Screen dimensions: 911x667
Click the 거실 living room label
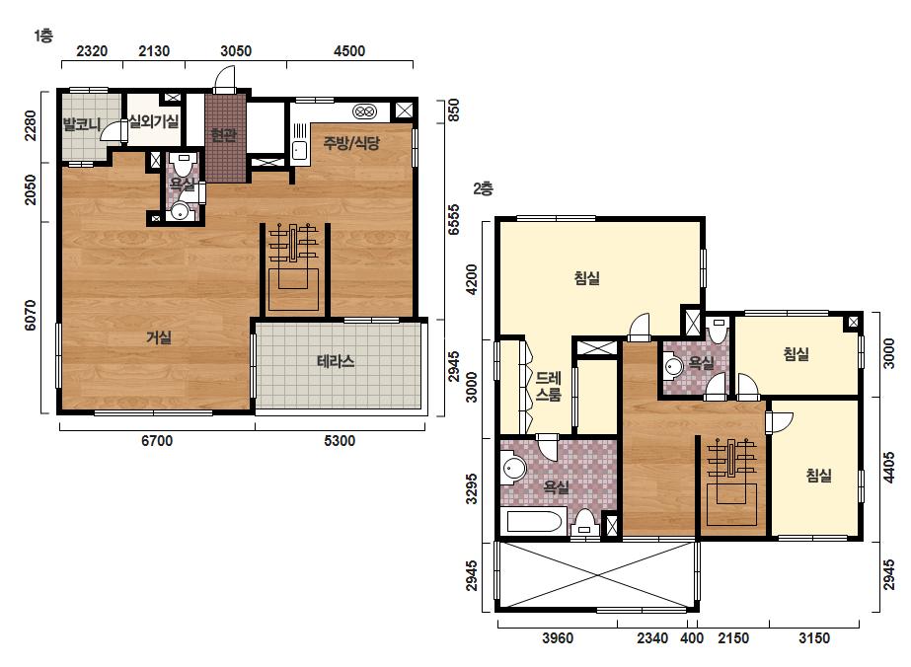(159, 337)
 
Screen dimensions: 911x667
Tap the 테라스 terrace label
(336, 361)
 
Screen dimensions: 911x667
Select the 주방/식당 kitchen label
(352, 143)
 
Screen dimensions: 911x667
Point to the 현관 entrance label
(224, 136)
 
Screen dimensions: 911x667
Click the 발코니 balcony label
(82, 124)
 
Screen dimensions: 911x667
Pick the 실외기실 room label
(154, 121)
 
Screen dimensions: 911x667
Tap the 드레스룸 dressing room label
(549, 387)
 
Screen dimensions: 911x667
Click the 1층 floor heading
(43, 37)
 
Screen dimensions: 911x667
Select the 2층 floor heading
(483, 188)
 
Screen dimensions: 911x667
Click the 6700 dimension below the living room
(157, 441)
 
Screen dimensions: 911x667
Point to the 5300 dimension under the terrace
(340, 441)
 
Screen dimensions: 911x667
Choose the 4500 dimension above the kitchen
(349, 51)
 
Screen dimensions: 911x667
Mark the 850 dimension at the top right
(454, 111)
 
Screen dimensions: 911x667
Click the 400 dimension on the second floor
(692, 638)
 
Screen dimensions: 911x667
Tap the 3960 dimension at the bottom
(558, 638)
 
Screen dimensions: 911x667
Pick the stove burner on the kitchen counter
(364, 111)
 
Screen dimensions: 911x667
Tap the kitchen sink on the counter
(299, 151)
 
